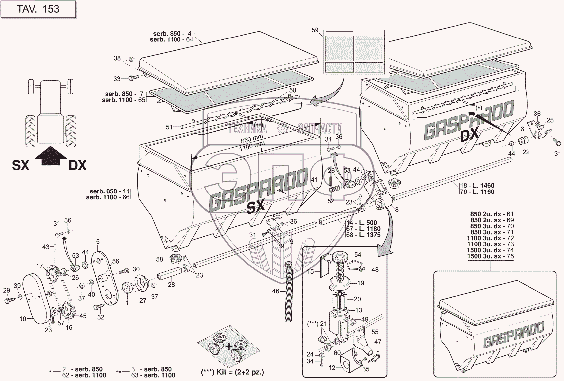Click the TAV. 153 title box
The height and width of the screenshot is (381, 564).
click(x=38, y=9)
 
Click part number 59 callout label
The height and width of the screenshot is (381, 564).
click(x=315, y=30)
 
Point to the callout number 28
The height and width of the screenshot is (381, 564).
click(x=171, y=284)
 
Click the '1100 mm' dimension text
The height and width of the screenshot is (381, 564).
click(x=252, y=146)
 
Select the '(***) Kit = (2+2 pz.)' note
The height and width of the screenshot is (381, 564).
click(x=233, y=372)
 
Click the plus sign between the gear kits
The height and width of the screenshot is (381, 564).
click(x=229, y=346)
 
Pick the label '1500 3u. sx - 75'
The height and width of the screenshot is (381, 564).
click(x=490, y=256)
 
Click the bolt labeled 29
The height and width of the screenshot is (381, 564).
click(x=9, y=300)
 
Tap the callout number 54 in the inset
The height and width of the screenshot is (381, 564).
click(x=358, y=255)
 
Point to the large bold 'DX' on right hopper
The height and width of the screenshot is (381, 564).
click(x=470, y=134)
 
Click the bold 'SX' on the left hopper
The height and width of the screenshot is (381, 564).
click(x=256, y=207)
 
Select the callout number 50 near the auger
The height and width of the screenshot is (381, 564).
click(x=292, y=90)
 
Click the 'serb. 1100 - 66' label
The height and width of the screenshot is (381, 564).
click(x=107, y=197)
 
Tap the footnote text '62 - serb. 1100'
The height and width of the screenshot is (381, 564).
click(x=84, y=375)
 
